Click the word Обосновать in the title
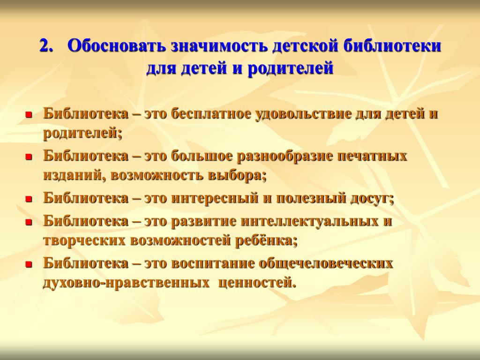[x=117, y=46]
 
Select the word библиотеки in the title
[x=392, y=46]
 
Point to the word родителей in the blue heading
[x=290, y=68]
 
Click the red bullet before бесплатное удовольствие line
[x=29, y=115]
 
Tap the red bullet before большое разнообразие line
[x=29, y=157]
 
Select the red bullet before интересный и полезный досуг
[x=29, y=200]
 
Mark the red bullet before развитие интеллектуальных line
[x=29, y=222]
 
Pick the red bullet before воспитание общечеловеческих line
[x=29, y=264]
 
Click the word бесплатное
[x=211, y=113]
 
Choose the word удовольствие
[x=303, y=114]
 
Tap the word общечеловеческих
[x=326, y=263]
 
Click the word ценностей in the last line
[x=257, y=283]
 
